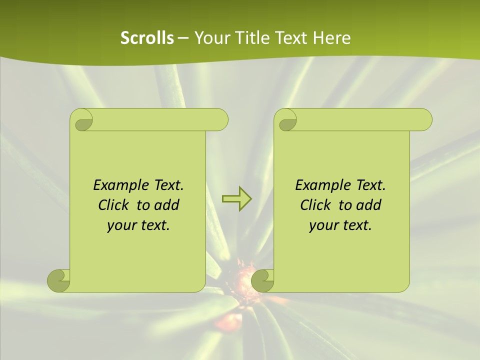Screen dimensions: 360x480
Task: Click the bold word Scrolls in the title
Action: (147, 38)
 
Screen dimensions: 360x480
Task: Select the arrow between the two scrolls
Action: (236, 199)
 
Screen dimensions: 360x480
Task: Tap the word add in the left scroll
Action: (167, 205)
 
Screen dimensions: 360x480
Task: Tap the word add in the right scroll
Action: (369, 205)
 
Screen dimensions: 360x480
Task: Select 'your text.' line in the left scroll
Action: (138, 225)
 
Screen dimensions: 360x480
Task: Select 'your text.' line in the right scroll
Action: (340, 225)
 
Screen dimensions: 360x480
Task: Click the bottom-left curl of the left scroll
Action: (59, 280)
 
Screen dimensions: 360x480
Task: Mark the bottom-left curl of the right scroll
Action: (262, 280)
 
